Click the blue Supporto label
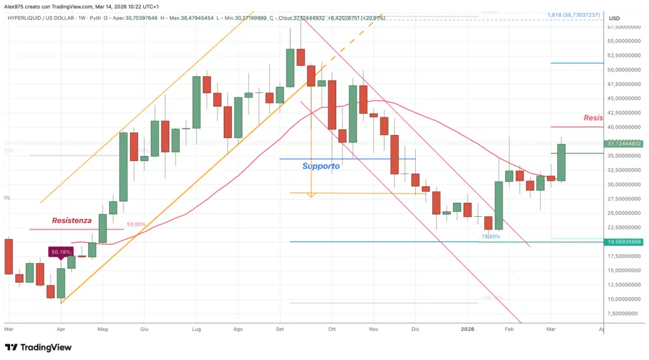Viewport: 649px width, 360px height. [321, 166]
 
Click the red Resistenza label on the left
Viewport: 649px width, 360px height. [72, 221]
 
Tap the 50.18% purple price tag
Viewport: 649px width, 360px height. [61, 252]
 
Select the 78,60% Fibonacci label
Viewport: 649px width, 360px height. [491, 236]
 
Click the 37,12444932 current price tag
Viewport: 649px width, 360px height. [624, 144]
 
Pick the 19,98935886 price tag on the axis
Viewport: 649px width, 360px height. [624, 241]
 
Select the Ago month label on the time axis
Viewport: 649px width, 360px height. [238, 330]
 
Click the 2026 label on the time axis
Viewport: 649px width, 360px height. [468, 330]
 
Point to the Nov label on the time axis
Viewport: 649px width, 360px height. [373, 330]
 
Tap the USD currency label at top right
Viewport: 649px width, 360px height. [614, 18]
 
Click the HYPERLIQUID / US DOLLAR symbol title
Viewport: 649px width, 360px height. [44, 18]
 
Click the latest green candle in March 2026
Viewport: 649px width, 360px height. [562, 163]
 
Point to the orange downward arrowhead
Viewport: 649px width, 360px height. [311, 195]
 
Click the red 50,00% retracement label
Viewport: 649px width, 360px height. [136, 224]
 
